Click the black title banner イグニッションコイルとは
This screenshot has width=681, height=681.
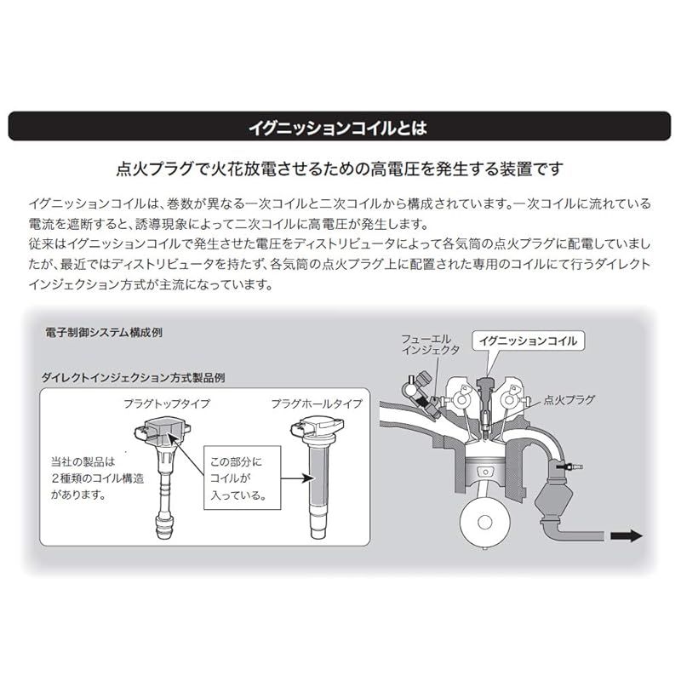click(x=339, y=126)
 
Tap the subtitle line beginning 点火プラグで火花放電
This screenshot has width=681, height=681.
click(x=339, y=169)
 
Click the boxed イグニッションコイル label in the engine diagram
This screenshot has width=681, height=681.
click(x=528, y=341)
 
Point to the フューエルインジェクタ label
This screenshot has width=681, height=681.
click(x=431, y=345)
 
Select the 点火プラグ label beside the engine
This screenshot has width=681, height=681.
click(x=569, y=400)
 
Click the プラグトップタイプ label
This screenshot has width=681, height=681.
click(x=167, y=403)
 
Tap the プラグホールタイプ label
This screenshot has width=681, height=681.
click(x=317, y=403)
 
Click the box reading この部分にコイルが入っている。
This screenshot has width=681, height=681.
click(x=243, y=478)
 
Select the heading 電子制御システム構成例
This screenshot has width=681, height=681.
click(x=104, y=333)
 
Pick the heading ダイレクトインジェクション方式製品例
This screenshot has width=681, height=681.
click(x=134, y=377)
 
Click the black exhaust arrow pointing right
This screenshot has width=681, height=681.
click(x=626, y=536)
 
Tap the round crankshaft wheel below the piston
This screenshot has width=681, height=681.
click(x=485, y=523)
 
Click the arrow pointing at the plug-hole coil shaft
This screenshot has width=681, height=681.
click(x=297, y=478)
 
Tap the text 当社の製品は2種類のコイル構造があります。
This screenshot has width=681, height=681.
click(x=97, y=478)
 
